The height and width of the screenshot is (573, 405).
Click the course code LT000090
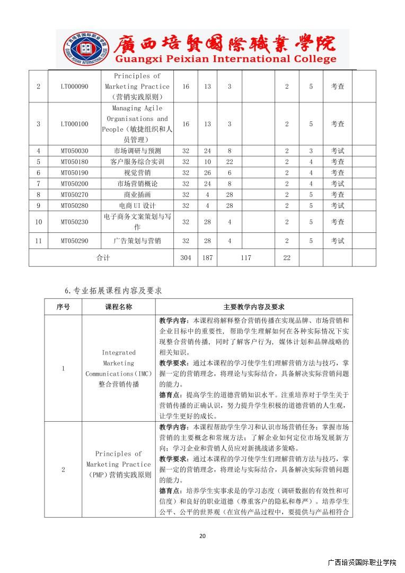click(74, 86)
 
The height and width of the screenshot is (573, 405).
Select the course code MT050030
click(74, 151)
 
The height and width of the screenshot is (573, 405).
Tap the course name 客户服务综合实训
click(137, 162)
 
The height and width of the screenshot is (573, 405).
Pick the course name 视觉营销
click(137, 173)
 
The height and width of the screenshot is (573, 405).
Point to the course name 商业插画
click(137, 195)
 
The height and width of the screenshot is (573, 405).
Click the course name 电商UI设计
click(137, 206)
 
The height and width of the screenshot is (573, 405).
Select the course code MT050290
click(74, 241)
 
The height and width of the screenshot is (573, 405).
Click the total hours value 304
click(186, 258)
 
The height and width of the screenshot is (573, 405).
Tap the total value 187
click(207, 258)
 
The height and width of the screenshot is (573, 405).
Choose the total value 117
click(245, 258)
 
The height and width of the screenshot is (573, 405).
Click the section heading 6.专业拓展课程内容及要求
click(113, 291)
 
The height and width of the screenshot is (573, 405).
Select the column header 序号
click(63, 307)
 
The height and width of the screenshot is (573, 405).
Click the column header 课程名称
click(119, 307)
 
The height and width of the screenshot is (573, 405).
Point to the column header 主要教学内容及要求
click(254, 307)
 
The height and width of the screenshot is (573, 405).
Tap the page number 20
click(202, 536)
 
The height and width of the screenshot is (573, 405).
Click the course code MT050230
click(74, 222)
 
